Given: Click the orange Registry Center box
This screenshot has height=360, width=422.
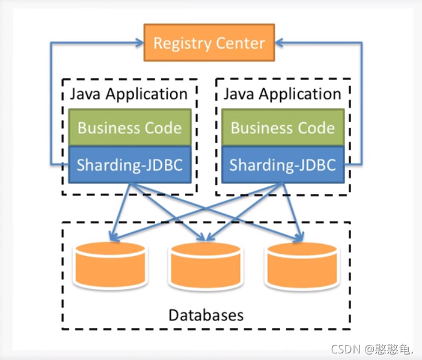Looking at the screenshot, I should [x=209, y=43].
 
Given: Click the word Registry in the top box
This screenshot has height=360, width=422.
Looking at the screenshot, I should [x=179, y=43].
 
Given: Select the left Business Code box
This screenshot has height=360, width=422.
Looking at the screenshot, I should [x=129, y=127].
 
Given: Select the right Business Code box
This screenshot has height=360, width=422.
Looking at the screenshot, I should [x=283, y=127].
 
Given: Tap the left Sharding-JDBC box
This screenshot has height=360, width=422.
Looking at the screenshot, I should [x=129, y=165].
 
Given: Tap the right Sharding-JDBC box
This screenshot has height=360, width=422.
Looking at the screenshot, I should [x=283, y=165].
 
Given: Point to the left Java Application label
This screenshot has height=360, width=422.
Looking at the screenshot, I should [x=129, y=94].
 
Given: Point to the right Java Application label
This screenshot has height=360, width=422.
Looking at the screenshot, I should [x=283, y=94].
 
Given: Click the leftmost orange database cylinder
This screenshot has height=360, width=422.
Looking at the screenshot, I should [x=109, y=264].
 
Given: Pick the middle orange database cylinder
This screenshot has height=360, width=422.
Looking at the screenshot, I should [x=206, y=264].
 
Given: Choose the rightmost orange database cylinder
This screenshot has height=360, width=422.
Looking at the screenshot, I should [x=303, y=264].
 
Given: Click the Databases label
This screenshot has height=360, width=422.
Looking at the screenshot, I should [x=206, y=315].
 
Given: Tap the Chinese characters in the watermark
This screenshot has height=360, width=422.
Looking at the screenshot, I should [x=391, y=349].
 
